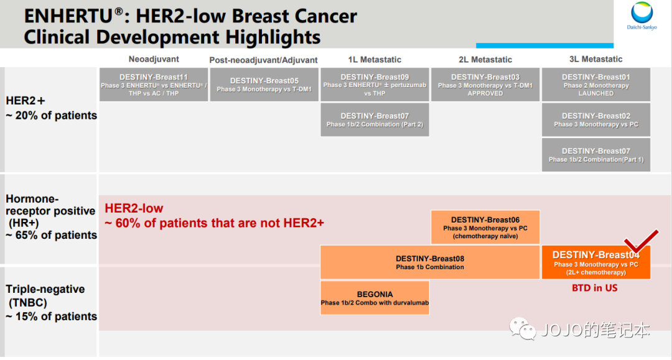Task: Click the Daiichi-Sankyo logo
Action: (x=642, y=16)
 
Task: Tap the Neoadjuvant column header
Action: (x=154, y=59)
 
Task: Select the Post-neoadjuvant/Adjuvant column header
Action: (x=263, y=60)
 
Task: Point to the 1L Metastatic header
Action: (x=375, y=60)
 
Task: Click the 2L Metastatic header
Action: (x=485, y=60)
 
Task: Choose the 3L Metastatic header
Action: (x=595, y=59)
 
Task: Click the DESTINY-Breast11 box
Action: (x=154, y=85)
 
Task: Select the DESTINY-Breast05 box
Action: (x=264, y=85)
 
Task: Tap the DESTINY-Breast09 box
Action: (x=375, y=85)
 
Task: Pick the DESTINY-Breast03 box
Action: (x=485, y=85)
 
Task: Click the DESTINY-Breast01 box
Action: (x=595, y=85)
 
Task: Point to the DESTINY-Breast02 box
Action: (x=595, y=120)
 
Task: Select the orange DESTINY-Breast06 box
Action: (x=485, y=228)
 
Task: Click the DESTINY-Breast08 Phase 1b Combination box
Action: (x=430, y=262)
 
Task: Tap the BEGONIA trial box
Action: (x=375, y=298)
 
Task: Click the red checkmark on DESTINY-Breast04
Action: (x=641, y=242)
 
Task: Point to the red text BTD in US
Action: (x=594, y=288)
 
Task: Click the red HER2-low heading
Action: (x=134, y=208)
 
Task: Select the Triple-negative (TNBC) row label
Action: (x=45, y=296)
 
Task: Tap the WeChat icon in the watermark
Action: (x=523, y=329)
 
